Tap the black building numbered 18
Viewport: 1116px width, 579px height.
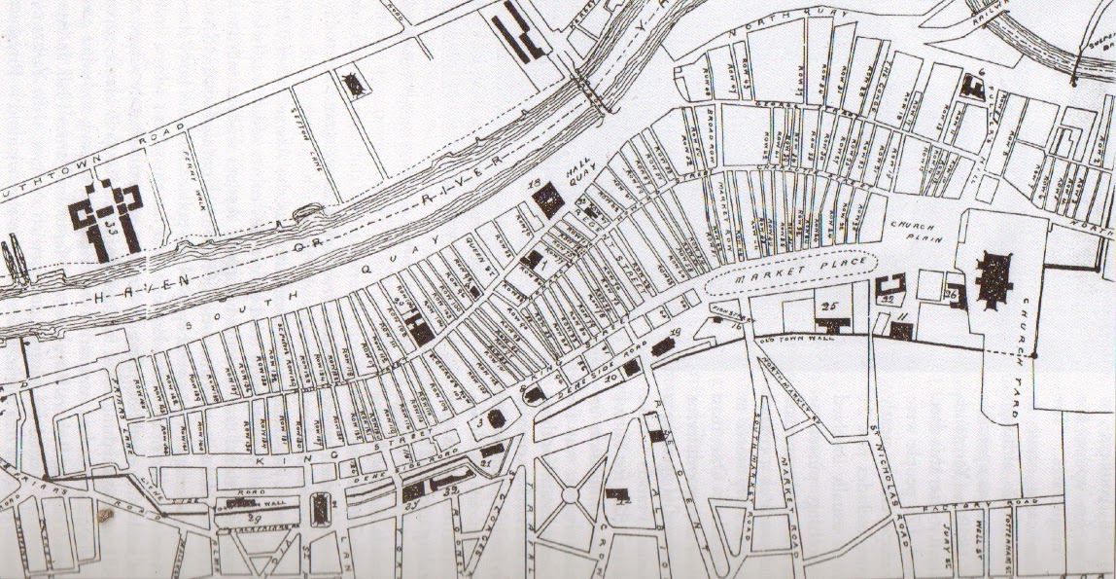pos(547,199)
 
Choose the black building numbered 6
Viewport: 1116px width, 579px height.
pos(971,86)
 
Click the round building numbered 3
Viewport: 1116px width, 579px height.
pos(496,418)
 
